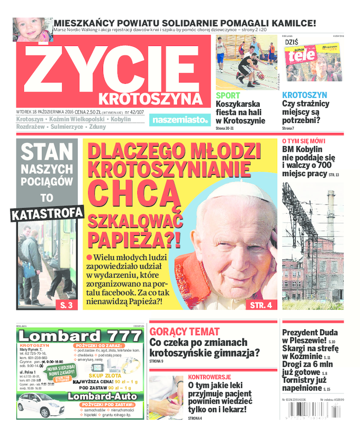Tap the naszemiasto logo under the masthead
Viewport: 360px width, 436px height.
[x=179, y=120]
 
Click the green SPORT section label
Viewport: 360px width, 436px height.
[x=228, y=95]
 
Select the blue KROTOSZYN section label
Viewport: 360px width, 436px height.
[x=304, y=95]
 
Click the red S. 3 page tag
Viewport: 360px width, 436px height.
[x=66, y=305]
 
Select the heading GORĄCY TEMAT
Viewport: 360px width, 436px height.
[x=184, y=332]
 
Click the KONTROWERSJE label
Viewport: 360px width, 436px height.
[x=209, y=377]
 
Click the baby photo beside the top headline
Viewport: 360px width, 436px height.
[x=32, y=29]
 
